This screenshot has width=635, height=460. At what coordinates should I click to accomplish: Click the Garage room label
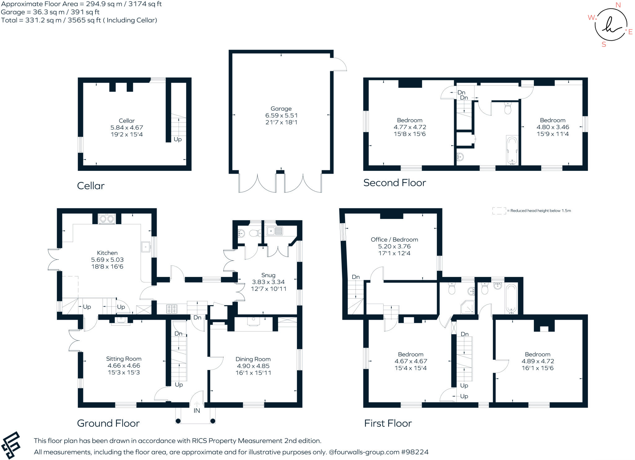[x=281, y=109]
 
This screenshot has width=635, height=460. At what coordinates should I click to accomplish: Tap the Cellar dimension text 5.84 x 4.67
[x=127, y=127]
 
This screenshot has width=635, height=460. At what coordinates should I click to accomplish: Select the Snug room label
[x=268, y=275]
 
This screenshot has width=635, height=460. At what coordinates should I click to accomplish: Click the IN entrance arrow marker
[x=197, y=404]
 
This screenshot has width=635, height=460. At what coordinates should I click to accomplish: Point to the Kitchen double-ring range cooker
[x=107, y=219]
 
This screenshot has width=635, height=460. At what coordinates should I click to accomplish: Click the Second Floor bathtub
[x=512, y=150]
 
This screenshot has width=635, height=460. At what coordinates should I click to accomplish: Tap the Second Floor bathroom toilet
[x=508, y=109]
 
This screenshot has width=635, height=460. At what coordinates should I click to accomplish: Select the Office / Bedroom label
[x=394, y=239]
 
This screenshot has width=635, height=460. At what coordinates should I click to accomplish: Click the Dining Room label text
[x=253, y=359]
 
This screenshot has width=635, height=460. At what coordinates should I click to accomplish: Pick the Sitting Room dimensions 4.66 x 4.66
[x=124, y=366]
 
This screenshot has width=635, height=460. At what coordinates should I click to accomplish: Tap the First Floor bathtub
[x=511, y=298]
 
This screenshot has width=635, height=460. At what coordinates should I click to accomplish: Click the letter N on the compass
[x=618, y=5]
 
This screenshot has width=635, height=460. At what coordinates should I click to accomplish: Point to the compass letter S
[x=604, y=44]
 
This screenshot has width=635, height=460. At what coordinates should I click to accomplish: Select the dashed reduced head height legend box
[x=499, y=211]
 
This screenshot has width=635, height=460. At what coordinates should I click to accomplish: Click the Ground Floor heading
[x=108, y=423]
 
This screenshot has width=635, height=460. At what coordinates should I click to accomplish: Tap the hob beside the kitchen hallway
[x=172, y=309]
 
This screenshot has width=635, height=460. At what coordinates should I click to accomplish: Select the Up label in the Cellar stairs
[x=178, y=139]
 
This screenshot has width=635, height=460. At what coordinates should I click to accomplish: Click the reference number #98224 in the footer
[x=415, y=452]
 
